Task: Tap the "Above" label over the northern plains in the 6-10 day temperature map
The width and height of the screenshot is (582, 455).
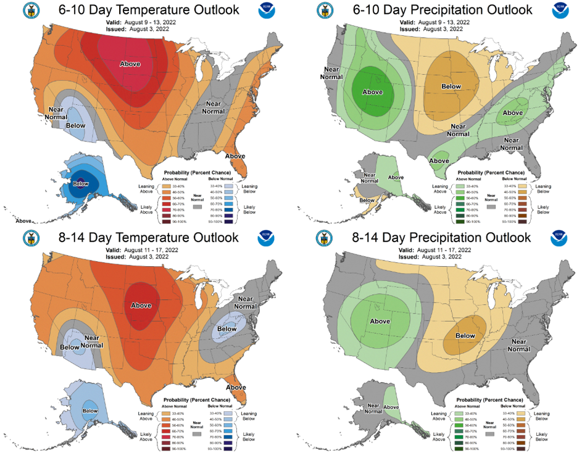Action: click(130, 64)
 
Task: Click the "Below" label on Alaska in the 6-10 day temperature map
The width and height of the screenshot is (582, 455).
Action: click(81, 183)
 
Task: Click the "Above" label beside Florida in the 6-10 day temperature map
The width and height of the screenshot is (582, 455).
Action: click(235, 156)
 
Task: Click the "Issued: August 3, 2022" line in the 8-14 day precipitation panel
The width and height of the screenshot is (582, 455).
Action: click(428, 256)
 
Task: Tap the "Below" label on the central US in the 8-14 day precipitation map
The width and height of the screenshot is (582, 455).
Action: click(465, 336)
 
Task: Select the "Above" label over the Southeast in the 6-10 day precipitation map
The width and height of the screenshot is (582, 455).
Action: click(512, 113)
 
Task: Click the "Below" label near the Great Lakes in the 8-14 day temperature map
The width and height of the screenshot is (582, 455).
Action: click(227, 328)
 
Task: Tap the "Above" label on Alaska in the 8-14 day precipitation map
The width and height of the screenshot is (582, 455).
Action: click(391, 407)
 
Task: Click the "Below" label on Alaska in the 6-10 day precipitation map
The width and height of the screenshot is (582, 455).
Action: click(366, 200)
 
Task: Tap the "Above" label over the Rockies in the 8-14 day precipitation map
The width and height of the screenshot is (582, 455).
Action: click(380, 321)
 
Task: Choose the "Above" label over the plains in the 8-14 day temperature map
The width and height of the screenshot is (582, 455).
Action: click(141, 305)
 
